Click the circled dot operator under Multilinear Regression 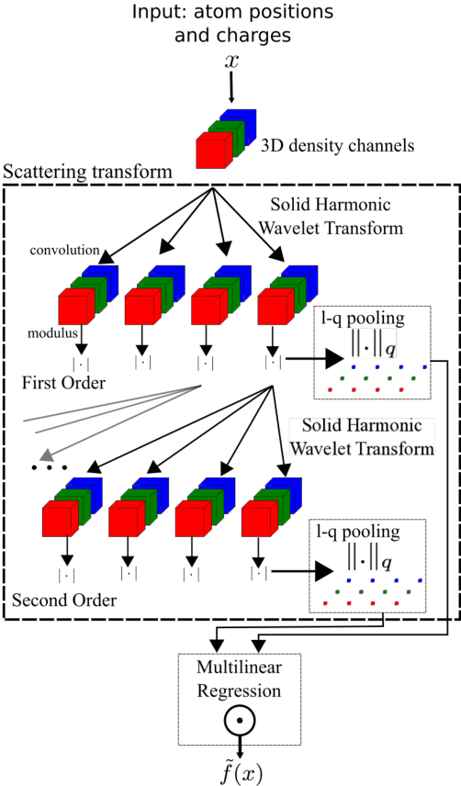(x=239, y=720)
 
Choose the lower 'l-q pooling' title (x=365, y=532)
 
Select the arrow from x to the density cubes (x=230, y=89)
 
